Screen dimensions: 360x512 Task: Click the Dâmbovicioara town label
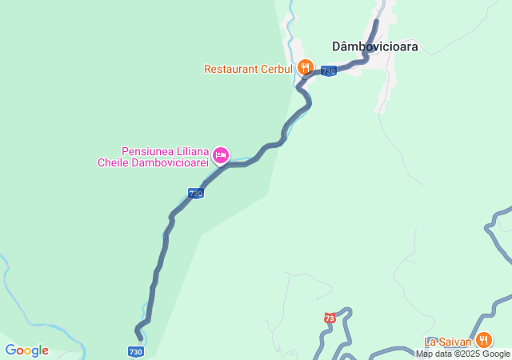tap(375, 46)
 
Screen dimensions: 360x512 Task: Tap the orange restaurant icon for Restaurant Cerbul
tap(304, 68)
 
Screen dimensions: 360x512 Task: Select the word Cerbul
tap(276, 69)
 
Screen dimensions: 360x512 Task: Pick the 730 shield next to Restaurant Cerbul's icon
tap(328, 71)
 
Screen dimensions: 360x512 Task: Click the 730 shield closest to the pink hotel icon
tap(195, 194)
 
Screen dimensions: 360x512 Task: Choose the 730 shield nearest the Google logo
tap(135, 351)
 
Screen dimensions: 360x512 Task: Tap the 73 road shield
tap(330, 318)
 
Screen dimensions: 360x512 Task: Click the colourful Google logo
tap(26, 350)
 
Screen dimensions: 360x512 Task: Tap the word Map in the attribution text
tap(424, 354)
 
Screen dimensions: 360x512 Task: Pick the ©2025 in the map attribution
tap(468, 354)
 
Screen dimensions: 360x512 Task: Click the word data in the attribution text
tap(443, 354)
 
